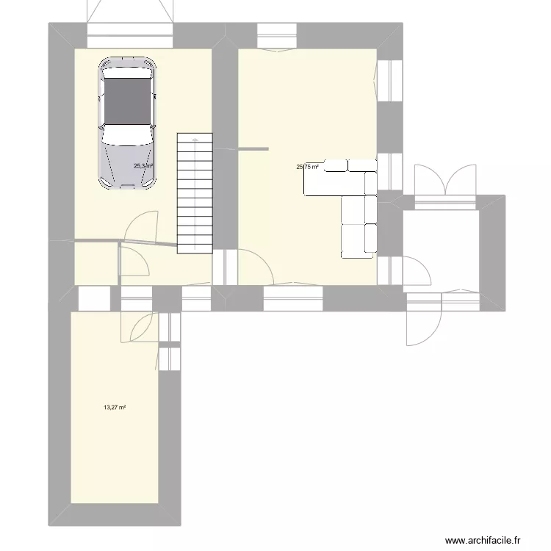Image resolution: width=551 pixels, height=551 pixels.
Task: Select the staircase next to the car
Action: pyautogui.click(x=195, y=193)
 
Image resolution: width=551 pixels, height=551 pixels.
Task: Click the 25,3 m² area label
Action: pyautogui.click(x=143, y=166)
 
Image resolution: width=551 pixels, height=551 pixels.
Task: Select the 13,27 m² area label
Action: pyautogui.click(x=115, y=407)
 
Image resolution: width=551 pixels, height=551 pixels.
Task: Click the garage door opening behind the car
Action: pyautogui.click(x=131, y=35)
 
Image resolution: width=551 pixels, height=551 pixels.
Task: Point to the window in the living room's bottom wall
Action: pyautogui.click(x=293, y=298)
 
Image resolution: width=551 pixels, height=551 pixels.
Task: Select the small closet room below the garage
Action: pyautogui.click(x=96, y=263)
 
